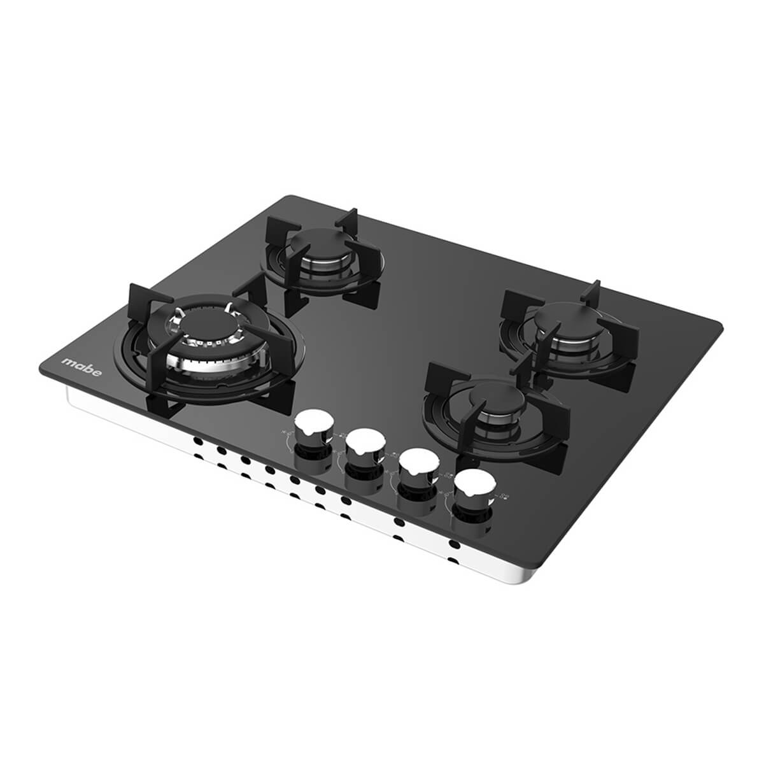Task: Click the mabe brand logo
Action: tap(81, 367)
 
